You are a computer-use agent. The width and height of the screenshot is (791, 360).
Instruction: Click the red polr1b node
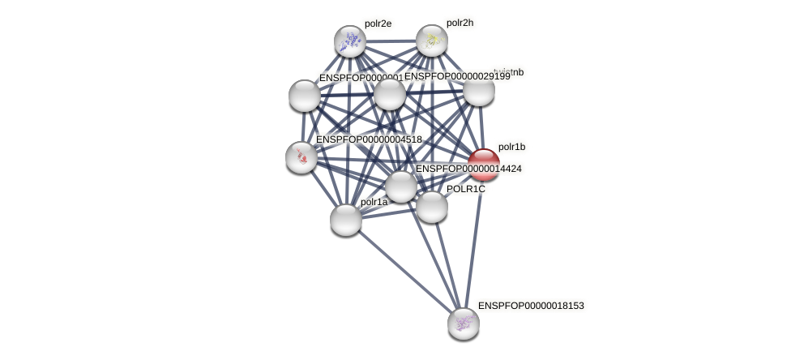(484, 165)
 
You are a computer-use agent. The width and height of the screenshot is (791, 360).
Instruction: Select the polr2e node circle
(350, 41)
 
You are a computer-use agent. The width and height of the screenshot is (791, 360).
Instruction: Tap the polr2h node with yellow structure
(432, 41)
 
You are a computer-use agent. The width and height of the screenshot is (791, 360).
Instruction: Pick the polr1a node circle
(346, 219)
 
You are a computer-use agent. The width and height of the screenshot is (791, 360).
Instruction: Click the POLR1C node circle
(432, 207)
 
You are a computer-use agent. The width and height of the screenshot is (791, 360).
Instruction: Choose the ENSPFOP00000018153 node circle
(464, 324)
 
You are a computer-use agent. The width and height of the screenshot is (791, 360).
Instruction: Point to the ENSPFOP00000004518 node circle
(301, 156)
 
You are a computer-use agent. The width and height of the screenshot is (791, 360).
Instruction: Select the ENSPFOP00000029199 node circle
(390, 94)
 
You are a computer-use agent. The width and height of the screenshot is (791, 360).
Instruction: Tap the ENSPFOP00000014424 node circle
(401, 186)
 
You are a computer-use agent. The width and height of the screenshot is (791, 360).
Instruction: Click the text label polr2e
(378, 24)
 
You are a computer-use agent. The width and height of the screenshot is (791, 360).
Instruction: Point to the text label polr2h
(460, 23)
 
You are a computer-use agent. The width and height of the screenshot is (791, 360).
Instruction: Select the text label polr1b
(511, 147)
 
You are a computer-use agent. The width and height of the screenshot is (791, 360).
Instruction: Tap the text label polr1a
(374, 202)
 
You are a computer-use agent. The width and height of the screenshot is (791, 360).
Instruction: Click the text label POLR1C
(466, 189)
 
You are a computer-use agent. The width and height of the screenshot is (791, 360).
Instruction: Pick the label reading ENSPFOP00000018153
(531, 306)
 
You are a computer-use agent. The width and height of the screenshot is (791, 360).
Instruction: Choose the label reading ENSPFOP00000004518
(369, 139)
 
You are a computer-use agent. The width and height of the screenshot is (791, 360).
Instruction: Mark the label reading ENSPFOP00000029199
(457, 76)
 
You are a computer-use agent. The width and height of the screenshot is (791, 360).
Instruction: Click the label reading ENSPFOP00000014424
(468, 169)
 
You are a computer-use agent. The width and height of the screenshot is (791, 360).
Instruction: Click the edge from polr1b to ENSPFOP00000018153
(474, 243)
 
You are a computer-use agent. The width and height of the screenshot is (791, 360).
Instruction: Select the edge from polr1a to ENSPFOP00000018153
(405, 272)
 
